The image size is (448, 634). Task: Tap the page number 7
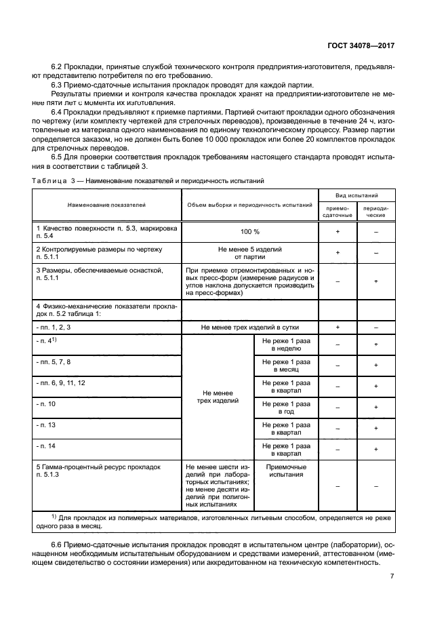pyautogui.click(x=392, y=576)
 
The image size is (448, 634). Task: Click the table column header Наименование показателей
pyautogui.click(x=106, y=204)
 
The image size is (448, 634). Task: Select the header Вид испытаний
pyautogui.click(x=357, y=194)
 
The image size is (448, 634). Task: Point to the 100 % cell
pyautogui.click(x=249, y=232)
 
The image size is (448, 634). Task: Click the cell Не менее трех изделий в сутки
pyautogui.click(x=249, y=327)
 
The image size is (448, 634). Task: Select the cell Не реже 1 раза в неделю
pyautogui.click(x=286, y=344)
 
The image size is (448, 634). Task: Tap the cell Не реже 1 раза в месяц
pyautogui.click(x=286, y=366)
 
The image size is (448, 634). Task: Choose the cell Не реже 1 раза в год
pyautogui.click(x=286, y=408)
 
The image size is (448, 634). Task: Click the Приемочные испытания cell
pyautogui.click(x=286, y=471)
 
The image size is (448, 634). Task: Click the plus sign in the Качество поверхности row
pyautogui.click(x=338, y=232)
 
